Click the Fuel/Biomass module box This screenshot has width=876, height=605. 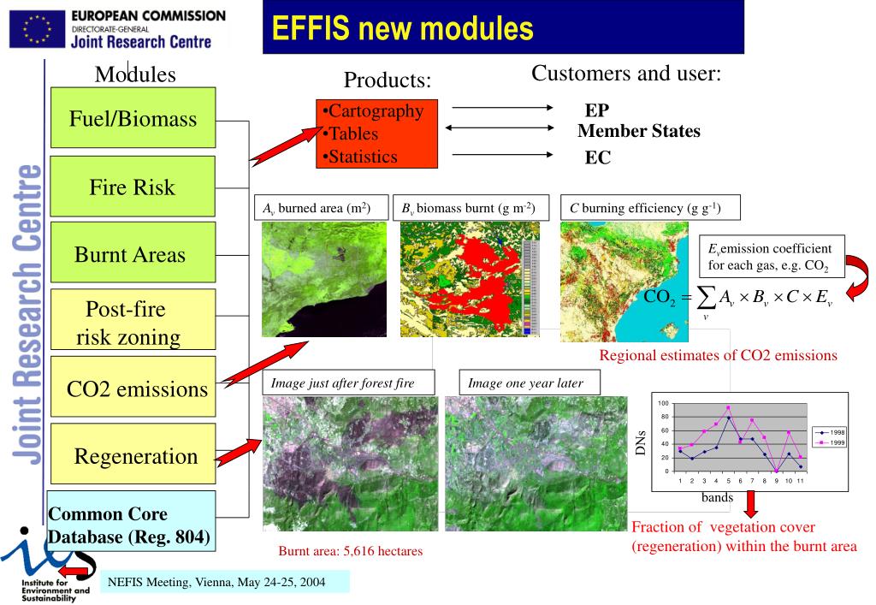click(133, 117)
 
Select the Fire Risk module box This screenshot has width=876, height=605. click(133, 187)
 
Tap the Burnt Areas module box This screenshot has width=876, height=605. click(133, 252)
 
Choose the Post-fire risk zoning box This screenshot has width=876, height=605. click(133, 319)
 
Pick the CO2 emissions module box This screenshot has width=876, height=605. click(133, 387)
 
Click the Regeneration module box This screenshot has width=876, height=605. click(133, 454)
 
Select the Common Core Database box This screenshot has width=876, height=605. click(131, 521)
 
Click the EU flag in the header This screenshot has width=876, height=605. click(37, 30)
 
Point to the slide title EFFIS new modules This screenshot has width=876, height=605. click(402, 28)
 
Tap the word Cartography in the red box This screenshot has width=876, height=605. click(376, 110)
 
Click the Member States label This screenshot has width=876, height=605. click(638, 131)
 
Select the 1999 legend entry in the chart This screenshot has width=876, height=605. click(831, 442)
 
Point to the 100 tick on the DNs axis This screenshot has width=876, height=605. click(663, 403)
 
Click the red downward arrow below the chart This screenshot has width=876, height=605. click(751, 503)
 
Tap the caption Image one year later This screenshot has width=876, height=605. click(525, 383)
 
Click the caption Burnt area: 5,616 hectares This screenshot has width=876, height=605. click(350, 551)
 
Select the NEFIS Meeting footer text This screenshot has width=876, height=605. click(216, 582)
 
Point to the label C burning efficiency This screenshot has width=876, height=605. click(645, 208)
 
